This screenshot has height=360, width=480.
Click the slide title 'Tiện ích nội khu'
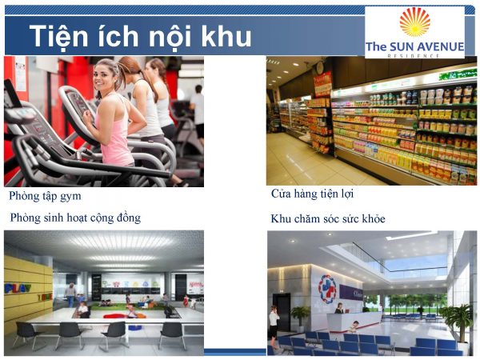(x=141, y=37)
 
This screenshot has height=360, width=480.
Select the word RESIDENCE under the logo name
(x=414, y=56)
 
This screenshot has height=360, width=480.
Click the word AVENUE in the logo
(x=435, y=46)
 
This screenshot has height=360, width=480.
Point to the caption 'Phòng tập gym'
(x=45, y=195)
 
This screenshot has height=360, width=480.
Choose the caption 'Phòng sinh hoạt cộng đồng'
(x=75, y=218)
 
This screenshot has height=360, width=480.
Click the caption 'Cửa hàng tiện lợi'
(x=313, y=194)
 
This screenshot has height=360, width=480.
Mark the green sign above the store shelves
(x=376, y=85)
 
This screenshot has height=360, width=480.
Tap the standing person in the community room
(x=70, y=294)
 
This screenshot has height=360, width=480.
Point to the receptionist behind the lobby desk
(x=339, y=308)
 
